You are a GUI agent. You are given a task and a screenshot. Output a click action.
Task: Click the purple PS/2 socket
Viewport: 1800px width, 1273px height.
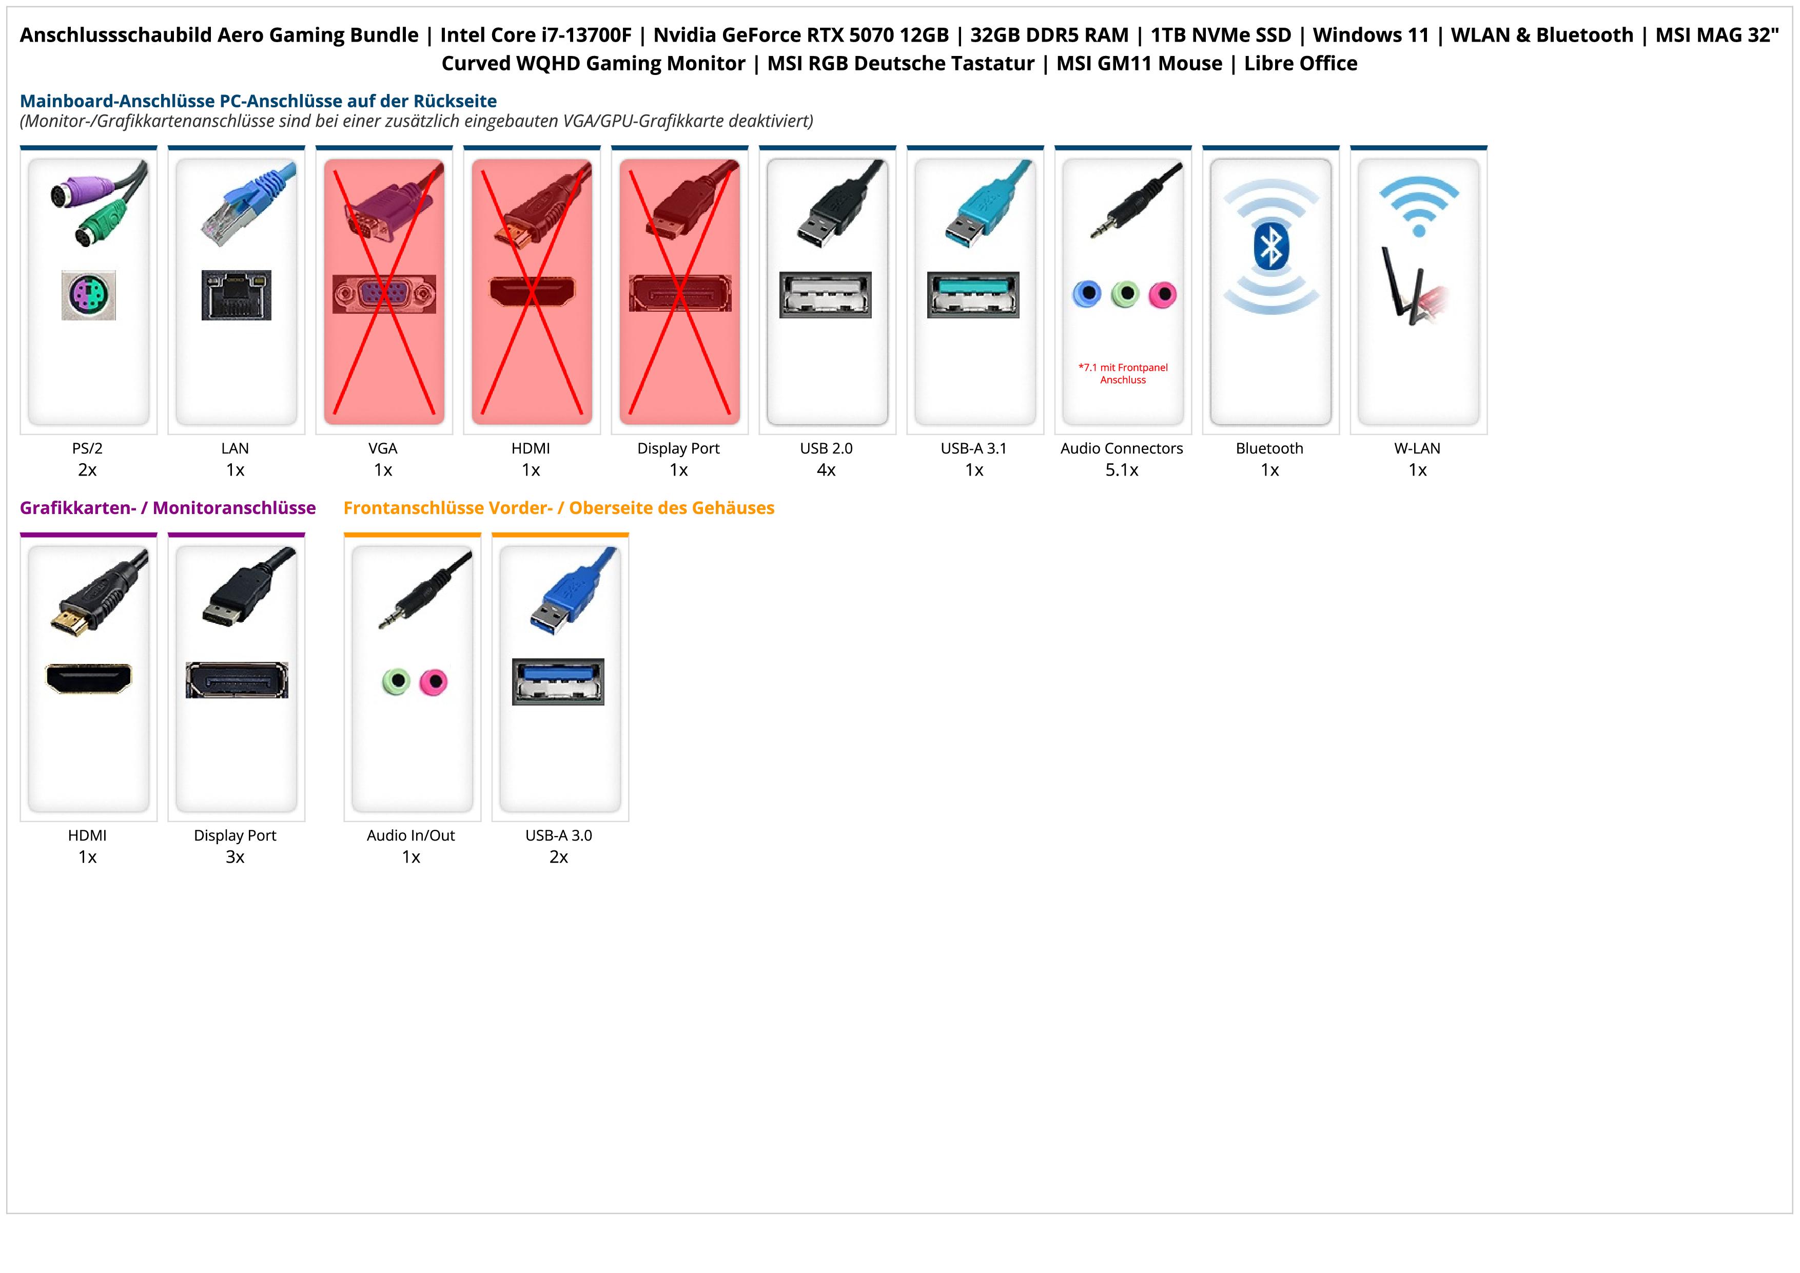89,295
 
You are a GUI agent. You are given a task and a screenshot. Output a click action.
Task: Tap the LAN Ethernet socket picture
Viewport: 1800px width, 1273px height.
236,295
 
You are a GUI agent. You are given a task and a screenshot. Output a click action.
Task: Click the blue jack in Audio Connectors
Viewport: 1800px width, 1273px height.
1087,294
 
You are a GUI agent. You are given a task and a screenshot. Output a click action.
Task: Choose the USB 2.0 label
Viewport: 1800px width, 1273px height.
826,449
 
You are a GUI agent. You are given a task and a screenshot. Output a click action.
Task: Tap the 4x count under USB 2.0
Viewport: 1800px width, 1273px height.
826,470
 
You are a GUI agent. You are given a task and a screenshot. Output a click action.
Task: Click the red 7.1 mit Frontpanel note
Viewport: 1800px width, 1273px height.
1123,373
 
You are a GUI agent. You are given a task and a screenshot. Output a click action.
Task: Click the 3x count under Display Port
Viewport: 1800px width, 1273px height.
235,857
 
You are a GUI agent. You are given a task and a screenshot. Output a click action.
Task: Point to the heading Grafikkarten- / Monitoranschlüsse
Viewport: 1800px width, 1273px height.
168,508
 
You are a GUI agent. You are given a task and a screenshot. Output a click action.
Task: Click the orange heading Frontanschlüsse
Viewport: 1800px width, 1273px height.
558,508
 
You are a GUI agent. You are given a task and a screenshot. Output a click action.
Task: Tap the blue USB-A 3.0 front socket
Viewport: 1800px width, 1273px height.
558,681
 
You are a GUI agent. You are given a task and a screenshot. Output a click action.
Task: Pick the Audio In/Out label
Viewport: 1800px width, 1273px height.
411,835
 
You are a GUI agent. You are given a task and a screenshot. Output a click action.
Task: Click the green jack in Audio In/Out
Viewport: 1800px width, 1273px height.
397,681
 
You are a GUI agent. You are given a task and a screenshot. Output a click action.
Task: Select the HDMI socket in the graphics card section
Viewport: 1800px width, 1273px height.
89,678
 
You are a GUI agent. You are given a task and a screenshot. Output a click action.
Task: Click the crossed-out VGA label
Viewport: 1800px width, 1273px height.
383,449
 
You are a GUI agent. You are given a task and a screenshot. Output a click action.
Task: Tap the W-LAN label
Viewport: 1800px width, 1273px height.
1417,449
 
